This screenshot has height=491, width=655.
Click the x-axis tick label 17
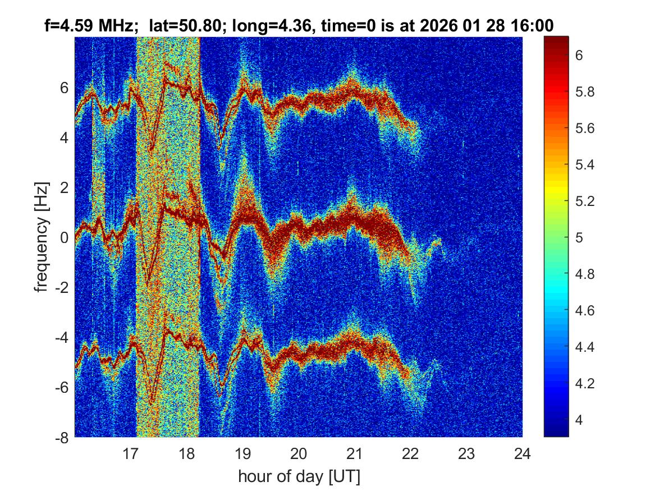pos(131,453)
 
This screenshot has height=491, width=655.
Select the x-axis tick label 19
pos(242,453)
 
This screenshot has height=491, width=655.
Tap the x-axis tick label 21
pos(355,453)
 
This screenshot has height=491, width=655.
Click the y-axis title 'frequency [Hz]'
pos(41,237)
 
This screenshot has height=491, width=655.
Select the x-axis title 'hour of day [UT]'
pos(299,477)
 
